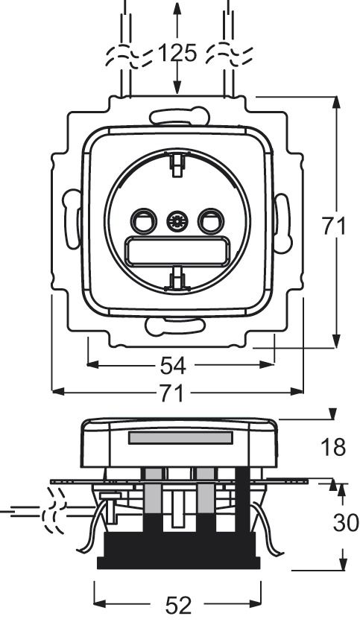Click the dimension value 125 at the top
(177, 54)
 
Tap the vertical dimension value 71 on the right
(333, 226)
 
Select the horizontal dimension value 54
(173, 366)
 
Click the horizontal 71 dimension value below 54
(173, 393)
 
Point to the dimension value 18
(333, 447)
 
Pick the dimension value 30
(346, 523)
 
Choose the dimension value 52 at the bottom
(178, 606)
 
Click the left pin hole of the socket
(143, 221)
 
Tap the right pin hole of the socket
(211, 221)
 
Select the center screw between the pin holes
(177, 221)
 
